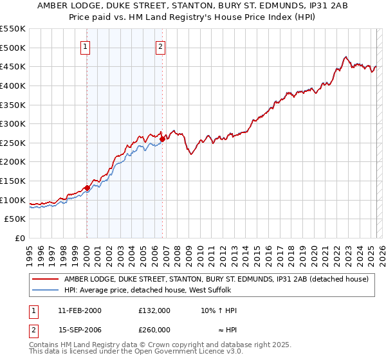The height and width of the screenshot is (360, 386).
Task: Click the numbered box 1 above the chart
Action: (86, 46)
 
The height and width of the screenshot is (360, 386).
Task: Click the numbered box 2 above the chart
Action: (161, 46)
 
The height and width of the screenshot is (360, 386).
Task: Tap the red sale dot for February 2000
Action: (87, 188)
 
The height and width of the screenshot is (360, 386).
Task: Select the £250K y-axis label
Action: (13, 143)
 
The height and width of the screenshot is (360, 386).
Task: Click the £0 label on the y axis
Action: (19, 238)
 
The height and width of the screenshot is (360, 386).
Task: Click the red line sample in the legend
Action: (45, 279)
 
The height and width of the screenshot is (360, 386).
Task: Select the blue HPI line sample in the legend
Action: (45, 290)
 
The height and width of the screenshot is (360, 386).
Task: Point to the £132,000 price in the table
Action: (154, 310)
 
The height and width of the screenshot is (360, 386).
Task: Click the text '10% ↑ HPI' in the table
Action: (219, 310)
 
